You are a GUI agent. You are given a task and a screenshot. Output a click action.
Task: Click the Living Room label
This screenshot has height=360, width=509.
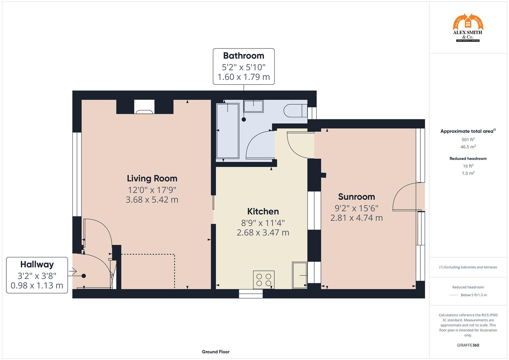pyautogui.click(x=152, y=179)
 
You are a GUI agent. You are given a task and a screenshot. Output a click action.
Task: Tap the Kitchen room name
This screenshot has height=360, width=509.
pyautogui.click(x=263, y=211)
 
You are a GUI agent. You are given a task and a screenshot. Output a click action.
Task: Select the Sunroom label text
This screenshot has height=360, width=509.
pyautogui.click(x=356, y=197)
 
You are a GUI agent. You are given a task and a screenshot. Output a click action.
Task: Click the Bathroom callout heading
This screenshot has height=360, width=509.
pyautogui.click(x=243, y=56)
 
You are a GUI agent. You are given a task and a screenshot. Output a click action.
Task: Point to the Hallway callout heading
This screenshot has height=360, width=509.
pyautogui.click(x=37, y=264)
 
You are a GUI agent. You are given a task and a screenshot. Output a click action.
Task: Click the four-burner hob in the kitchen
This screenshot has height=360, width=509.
pyautogui.click(x=264, y=280)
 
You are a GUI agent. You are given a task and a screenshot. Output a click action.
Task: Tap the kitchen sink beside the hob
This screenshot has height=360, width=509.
pyautogui.click(x=299, y=275)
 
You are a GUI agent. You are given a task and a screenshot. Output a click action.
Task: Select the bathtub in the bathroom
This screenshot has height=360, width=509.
pyautogui.click(x=228, y=131)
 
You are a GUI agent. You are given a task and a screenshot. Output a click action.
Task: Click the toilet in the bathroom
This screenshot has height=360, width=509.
pyautogui.click(x=296, y=110)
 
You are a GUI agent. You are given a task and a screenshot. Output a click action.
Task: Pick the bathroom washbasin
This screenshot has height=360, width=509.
pyautogui.click(x=253, y=106)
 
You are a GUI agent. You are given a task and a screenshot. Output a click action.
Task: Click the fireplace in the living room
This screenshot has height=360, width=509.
pyautogui.click(x=145, y=107)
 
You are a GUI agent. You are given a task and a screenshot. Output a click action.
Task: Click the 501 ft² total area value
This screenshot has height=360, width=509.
pyautogui.click(x=468, y=140)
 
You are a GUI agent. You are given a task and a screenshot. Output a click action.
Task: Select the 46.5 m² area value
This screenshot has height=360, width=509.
pyautogui.click(x=468, y=147)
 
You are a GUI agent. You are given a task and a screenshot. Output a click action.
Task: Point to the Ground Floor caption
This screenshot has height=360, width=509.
pyautogui.click(x=215, y=352)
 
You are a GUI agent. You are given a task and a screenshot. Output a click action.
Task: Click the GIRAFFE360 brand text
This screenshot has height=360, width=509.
pyautogui.click(x=468, y=345)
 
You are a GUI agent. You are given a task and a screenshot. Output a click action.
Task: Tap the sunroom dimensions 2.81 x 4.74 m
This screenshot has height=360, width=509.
pyautogui.click(x=356, y=218)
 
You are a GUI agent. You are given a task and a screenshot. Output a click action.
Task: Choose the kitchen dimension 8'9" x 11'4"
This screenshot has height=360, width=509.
pyautogui.click(x=263, y=223)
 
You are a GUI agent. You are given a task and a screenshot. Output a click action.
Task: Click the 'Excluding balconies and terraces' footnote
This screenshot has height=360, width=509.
pyautogui.click(x=468, y=267)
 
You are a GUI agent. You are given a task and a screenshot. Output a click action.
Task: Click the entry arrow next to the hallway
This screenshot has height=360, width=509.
pyautogui.click(x=72, y=272)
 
